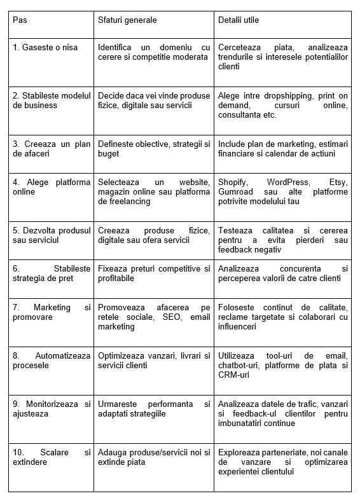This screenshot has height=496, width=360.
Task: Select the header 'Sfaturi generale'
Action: [127, 20]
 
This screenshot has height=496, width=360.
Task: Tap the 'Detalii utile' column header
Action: [239, 20]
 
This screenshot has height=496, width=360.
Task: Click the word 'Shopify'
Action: [232, 183]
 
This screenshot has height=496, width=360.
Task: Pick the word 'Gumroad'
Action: [235, 192]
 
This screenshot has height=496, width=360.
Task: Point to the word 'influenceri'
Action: [237, 327]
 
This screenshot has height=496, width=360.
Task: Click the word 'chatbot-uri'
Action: [239, 366]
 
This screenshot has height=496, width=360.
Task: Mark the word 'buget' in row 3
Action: [109, 153]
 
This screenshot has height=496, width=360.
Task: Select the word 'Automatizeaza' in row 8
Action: [65, 355]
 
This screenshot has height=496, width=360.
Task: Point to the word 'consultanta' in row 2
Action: [240, 114]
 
